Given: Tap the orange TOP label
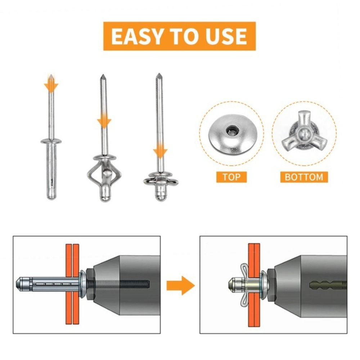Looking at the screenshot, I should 231,177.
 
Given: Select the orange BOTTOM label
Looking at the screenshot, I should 304,177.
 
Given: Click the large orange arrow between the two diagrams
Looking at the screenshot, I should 180,285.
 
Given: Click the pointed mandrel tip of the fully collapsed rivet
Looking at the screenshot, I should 158,76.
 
